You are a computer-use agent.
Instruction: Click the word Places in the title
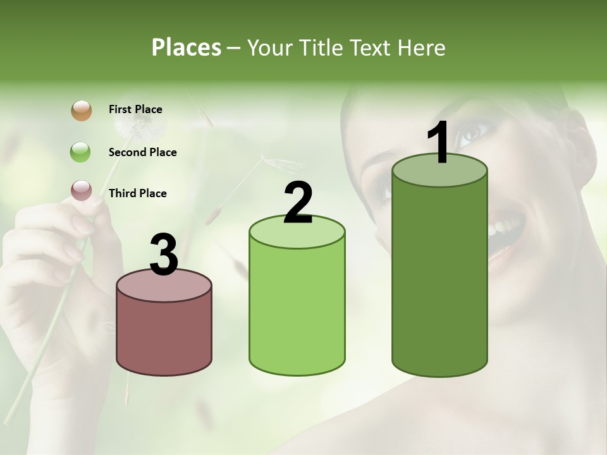[x=187, y=47]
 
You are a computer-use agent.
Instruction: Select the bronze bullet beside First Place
[x=81, y=110]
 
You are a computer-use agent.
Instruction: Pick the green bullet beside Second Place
[x=81, y=152]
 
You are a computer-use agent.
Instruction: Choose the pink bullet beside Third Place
[x=81, y=190]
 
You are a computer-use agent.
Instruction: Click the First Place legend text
[x=135, y=109]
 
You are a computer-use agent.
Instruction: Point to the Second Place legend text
[x=142, y=152]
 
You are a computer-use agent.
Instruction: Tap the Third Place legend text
[x=137, y=193]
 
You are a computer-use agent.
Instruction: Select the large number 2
[x=298, y=203]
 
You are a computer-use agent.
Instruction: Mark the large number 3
[x=164, y=255]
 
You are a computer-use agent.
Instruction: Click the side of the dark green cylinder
[x=439, y=278]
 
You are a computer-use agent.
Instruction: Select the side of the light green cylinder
[x=297, y=310]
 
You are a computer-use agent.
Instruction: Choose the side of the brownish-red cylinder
[x=164, y=335]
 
